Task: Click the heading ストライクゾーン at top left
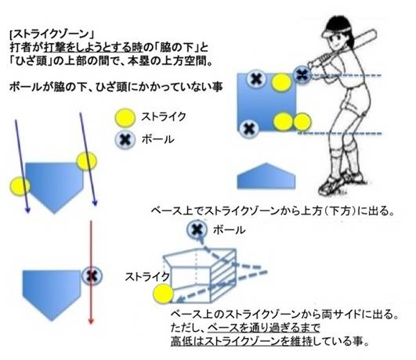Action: (52, 34)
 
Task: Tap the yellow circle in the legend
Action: (125, 117)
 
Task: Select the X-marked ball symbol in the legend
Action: (125, 139)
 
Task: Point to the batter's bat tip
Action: (374, 33)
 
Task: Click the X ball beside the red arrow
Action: (92, 276)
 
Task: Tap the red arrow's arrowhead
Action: (91, 320)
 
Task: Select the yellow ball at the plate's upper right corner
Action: (86, 161)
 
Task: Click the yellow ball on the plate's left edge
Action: (20, 186)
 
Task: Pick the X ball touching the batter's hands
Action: (302, 75)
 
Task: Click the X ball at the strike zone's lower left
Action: (249, 129)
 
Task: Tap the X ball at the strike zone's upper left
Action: (256, 79)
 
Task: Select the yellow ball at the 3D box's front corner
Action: (164, 294)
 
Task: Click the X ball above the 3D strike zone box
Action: (197, 229)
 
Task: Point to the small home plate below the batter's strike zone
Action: (266, 176)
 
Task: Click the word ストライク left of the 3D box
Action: (147, 277)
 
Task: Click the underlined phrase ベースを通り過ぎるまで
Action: (264, 328)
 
